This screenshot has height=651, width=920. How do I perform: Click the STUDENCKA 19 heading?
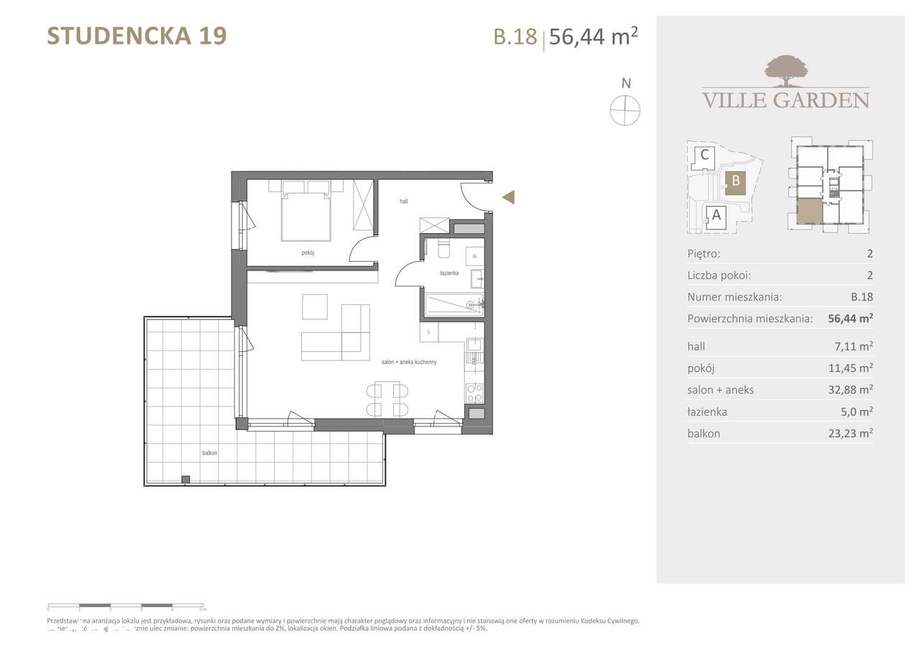137,35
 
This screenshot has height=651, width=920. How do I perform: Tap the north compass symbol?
625,110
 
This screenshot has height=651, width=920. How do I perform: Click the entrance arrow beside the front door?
508,197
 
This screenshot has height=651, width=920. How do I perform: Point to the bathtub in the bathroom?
452,305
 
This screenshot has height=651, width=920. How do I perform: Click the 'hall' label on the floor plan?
404,202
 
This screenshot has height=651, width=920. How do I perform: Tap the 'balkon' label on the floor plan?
209,453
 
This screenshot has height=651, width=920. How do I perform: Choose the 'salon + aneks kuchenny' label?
409,363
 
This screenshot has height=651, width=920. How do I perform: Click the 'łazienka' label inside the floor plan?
450,273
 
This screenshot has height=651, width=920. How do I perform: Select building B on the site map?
735,183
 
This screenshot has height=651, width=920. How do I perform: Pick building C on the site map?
705,155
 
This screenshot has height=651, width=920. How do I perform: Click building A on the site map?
715,214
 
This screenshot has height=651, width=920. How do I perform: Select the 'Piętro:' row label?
704,253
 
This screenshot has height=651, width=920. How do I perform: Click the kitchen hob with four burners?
475,392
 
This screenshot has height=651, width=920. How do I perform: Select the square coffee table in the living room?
314,306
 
